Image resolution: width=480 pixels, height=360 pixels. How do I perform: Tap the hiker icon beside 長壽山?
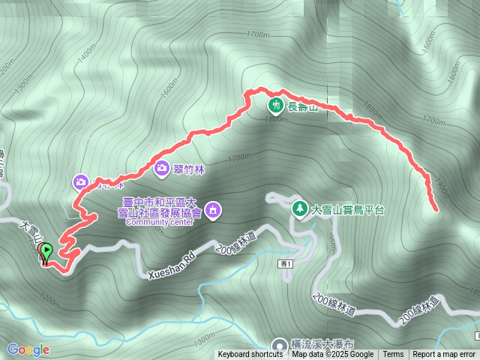(x=275, y=105)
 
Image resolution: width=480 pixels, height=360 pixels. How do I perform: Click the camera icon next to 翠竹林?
(x=162, y=168)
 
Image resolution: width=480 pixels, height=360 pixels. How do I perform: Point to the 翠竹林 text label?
(x=189, y=169)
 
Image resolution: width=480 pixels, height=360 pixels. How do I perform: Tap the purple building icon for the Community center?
(x=212, y=208)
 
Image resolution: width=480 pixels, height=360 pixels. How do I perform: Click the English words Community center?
(x=160, y=222)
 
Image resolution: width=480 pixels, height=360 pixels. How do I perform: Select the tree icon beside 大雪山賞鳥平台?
(x=299, y=207)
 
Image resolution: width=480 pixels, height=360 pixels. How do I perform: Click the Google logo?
(x=28, y=349)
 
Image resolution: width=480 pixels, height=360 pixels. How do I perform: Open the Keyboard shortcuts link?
(x=250, y=355)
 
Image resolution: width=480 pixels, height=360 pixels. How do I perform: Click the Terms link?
(x=393, y=355)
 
